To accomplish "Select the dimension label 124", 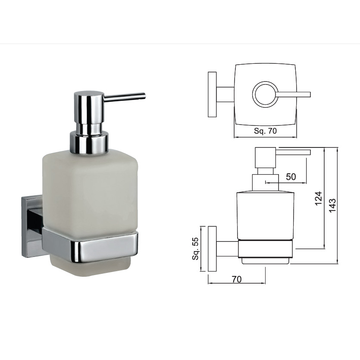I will pyautogui.click(x=318, y=198).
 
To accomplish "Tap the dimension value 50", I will pyautogui.click(x=291, y=177).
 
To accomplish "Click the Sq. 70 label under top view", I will pyautogui.click(x=265, y=131).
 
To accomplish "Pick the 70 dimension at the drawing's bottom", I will pyautogui.click(x=236, y=279).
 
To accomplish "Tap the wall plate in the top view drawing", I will pyautogui.click(x=212, y=94).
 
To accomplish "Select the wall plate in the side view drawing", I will pyautogui.click(x=212, y=249).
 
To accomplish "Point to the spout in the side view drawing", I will pyautogui.click(x=293, y=151).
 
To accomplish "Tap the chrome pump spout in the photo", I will pyautogui.click(x=125, y=96).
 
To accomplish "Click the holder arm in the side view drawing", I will pyautogui.click(x=227, y=249).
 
